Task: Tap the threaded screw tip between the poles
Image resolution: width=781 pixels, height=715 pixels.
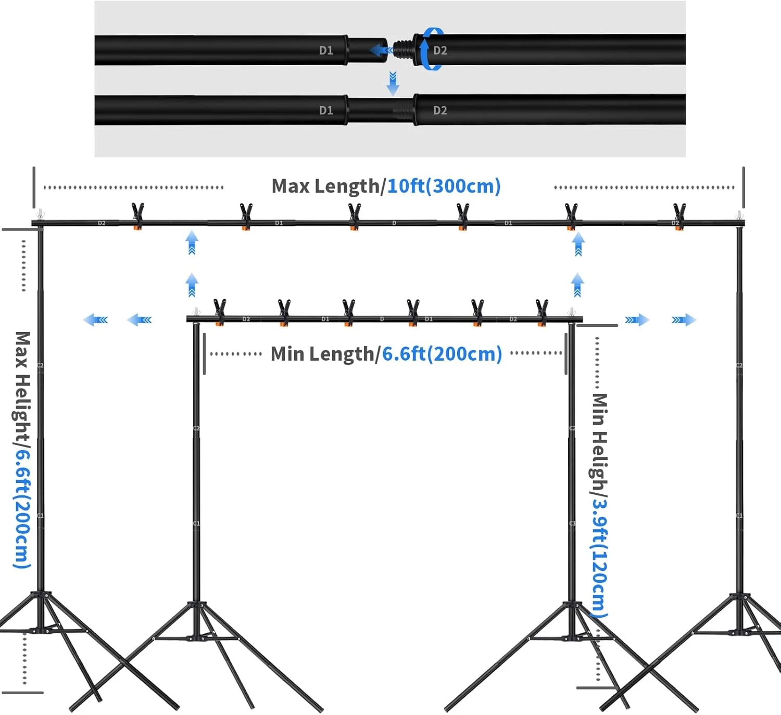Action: (x=403, y=50)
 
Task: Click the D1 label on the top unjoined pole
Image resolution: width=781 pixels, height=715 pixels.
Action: (x=326, y=50)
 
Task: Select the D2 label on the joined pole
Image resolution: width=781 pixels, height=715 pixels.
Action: (x=440, y=110)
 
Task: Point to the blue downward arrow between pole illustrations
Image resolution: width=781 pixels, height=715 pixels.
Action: (x=393, y=84)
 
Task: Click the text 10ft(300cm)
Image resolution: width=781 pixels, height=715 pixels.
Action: (x=444, y=186)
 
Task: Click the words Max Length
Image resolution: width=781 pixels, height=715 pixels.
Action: (x=325, y=186)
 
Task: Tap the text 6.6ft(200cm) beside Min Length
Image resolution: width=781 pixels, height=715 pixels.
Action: (x=442, y=354)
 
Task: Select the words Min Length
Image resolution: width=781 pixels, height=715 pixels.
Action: (x=322, y=354)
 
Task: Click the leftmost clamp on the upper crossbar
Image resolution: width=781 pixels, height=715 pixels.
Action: (x=137, y=215)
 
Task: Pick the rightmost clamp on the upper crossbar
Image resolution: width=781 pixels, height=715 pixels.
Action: (x=679, y=215)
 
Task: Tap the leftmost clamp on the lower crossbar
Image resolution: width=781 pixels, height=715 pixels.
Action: (x=220, y=312)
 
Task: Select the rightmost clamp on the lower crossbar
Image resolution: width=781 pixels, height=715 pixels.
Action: (x=542, y=312)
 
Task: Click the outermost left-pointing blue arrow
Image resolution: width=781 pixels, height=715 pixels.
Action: (x=95, y=320)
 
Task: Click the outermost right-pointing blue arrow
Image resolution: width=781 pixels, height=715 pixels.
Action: (x=684, y=320)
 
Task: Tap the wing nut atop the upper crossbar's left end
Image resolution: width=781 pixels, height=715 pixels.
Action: (x=40, y=214)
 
